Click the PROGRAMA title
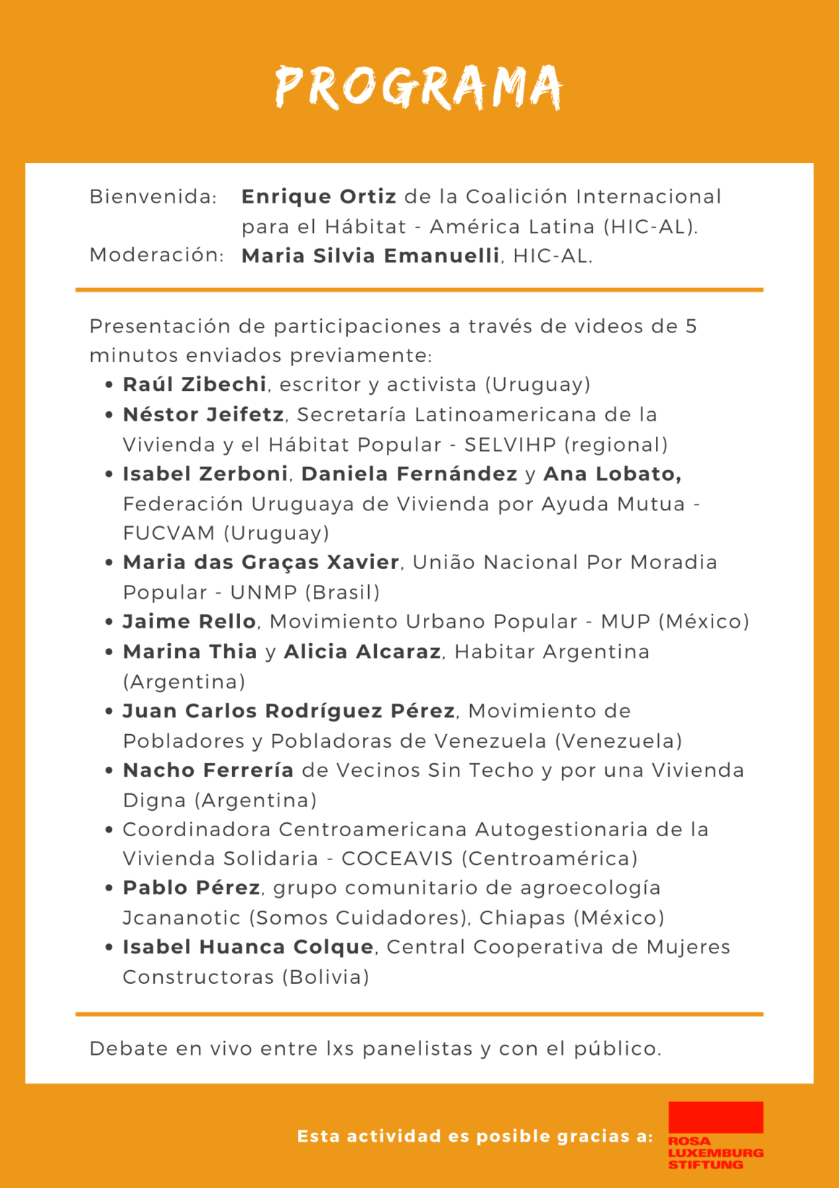tap(419, 88)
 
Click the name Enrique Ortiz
tap(318, 197)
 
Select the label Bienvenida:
tap(153, 197)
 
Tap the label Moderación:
tap(156, 256)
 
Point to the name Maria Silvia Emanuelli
tap(370, 256)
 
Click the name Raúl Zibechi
tap(195, 384)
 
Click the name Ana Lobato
tap(612, 474)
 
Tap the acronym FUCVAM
tap(169, 534)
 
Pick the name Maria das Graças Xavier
tap(261, 563)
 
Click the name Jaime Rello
tap(189, 622)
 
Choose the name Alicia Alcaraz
tap(362, 652)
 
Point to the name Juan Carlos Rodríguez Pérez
tap(289, 712)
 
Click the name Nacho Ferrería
tap(208, 770)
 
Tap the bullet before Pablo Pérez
tap(108, 888)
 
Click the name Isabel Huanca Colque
tap(248, 948)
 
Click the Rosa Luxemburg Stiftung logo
tap(715, 1135)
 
